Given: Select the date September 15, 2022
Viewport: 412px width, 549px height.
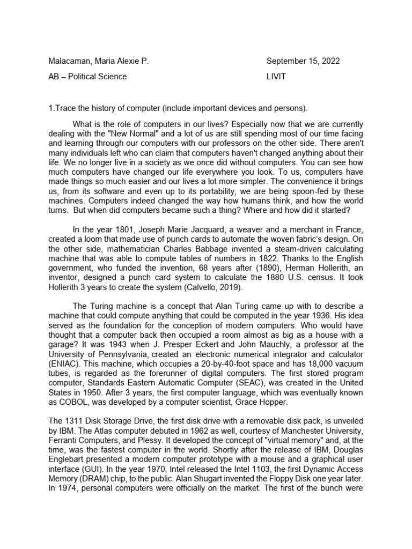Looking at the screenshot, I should click(x=303, y=61).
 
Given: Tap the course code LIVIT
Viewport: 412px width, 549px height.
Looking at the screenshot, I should click(x=276, y=77).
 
